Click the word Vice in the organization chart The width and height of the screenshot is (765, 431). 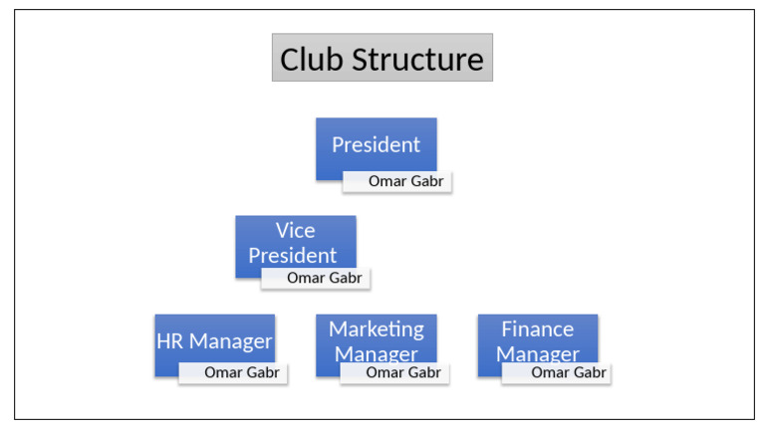tap(295, 231)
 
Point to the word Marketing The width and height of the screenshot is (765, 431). tap(376, 329)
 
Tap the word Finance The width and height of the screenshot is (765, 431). tap(537, 329)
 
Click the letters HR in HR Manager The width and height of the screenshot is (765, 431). tap(169, 342)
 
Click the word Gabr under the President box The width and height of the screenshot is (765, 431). tap(426, 182)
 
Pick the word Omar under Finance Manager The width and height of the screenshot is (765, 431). tap(548, 373)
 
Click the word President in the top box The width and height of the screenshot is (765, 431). tap(376, 145)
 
